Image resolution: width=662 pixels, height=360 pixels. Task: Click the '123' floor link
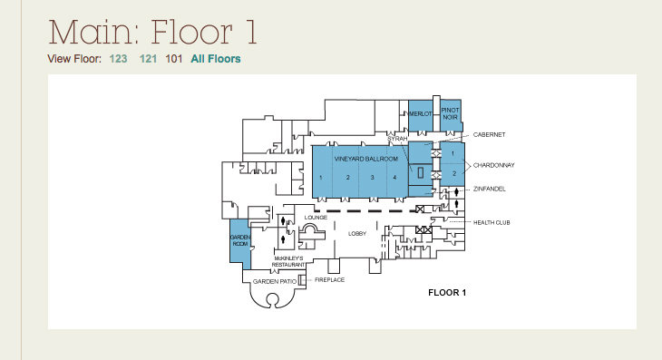[x=118, y=59]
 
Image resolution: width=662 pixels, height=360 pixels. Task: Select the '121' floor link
[x=148, y=59]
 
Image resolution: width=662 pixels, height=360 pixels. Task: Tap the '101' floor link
[x=174, y=59]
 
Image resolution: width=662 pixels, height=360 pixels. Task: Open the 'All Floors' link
[x=216, y=59]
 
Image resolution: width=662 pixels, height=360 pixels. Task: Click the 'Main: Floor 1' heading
[x=153, y=32]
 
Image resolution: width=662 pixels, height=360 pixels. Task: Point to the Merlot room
[x=421, y=116]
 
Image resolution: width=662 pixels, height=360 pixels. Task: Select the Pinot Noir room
[x=451, y=116]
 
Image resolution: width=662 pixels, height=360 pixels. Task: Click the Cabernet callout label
[x=489, y=134]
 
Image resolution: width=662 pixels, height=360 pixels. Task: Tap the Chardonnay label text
[x=493, y=165]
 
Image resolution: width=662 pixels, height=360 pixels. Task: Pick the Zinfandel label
[x=490, y=189]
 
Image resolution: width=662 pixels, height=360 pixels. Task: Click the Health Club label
[x=492, y=222]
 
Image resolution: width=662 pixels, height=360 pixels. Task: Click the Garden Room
[x=240, y=244]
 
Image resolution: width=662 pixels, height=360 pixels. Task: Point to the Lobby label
[x=357, y=233]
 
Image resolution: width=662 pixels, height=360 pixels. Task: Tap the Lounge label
[x=316, y=218]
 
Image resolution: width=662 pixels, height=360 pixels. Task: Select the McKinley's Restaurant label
[x=288, y=261]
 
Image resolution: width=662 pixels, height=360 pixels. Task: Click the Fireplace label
[x=330, y=280]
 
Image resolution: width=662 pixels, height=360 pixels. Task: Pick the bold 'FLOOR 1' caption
[x=447, y=293]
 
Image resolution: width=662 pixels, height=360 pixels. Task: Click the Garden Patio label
[x=275, y=281]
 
